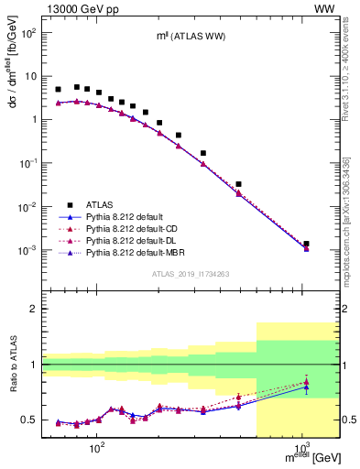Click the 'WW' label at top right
click(x=324, y=8)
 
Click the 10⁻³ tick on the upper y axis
click(x=30, y=250)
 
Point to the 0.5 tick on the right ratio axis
click(x=349, y=420)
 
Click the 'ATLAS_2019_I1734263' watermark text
click(x=190, y=273)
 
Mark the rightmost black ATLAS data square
click(x=306, y=245)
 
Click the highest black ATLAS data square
click(x=77, y=87)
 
